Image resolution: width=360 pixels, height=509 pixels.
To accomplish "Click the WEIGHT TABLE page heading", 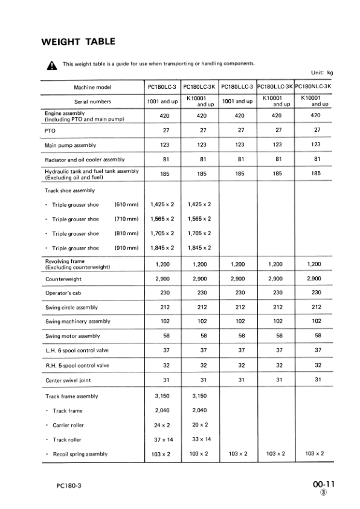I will click(x=77, y=42).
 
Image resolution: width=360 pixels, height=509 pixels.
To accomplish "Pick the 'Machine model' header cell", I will click(x=92, y=87).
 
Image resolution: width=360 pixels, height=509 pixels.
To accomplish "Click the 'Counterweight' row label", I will click(x=63, y=279).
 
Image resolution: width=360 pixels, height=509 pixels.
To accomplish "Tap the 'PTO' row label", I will click(x=50, y=130).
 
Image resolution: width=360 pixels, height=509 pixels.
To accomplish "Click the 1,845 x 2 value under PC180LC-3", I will click(x=162, y=248).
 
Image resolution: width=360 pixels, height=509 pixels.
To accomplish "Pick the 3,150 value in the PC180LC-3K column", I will click(x=202, y=396).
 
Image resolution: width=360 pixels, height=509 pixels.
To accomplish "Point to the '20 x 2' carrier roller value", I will click(x=202, y=425).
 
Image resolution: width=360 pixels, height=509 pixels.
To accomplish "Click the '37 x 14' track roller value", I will click(x=162, y=439).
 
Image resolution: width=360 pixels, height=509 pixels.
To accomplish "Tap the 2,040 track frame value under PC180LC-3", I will click(x=162, y=410).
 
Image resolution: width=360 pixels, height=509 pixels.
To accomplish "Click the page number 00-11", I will click(x=323, y=484).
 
